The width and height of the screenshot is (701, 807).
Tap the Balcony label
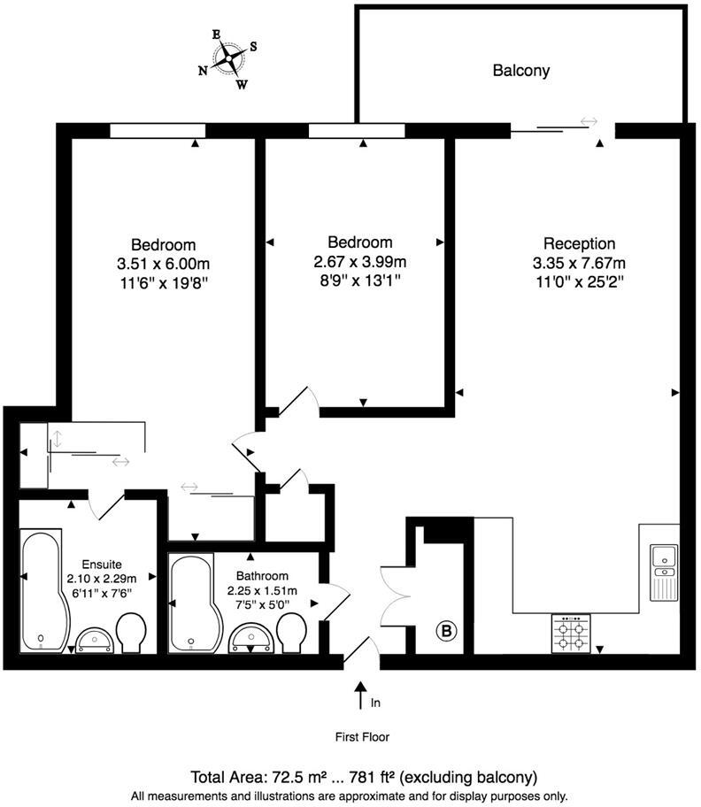(x=521, y=70)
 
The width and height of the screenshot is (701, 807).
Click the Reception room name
(x=579, y=243)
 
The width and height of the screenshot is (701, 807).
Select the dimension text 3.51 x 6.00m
(x=164, y=264)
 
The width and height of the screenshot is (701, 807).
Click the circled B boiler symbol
(x=447, y=631)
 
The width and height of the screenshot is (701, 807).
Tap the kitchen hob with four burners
(x=571, y=634)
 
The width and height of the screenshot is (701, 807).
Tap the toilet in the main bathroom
(x=291, y=633)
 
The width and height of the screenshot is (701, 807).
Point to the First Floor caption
(x=361, y=736)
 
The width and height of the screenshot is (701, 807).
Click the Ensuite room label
(x=96, y=564)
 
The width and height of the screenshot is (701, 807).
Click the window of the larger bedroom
(x=158, y=131)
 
